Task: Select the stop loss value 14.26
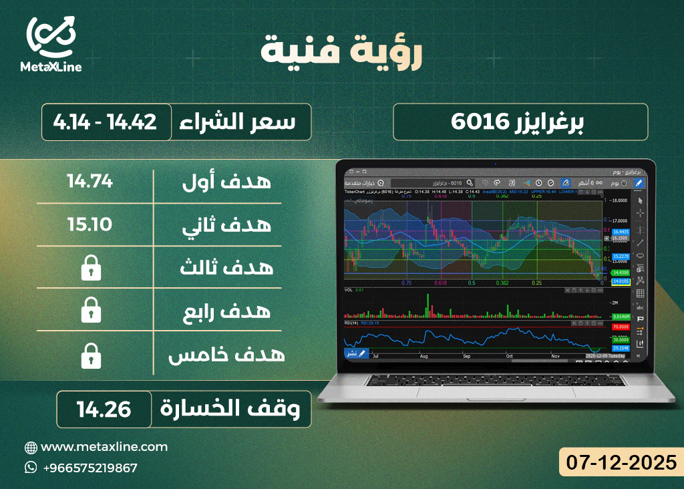[x=104, y=409]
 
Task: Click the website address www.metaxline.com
[x=104, y=447]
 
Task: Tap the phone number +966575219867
[x=90, y=468]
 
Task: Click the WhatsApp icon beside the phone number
[x=31, y=468]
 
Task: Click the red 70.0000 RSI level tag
[x=621, y=327]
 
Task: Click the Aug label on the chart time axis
[x=423, y=357]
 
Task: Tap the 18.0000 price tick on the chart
[x=619, y=200]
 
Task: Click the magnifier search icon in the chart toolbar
[x=470, y=182]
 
